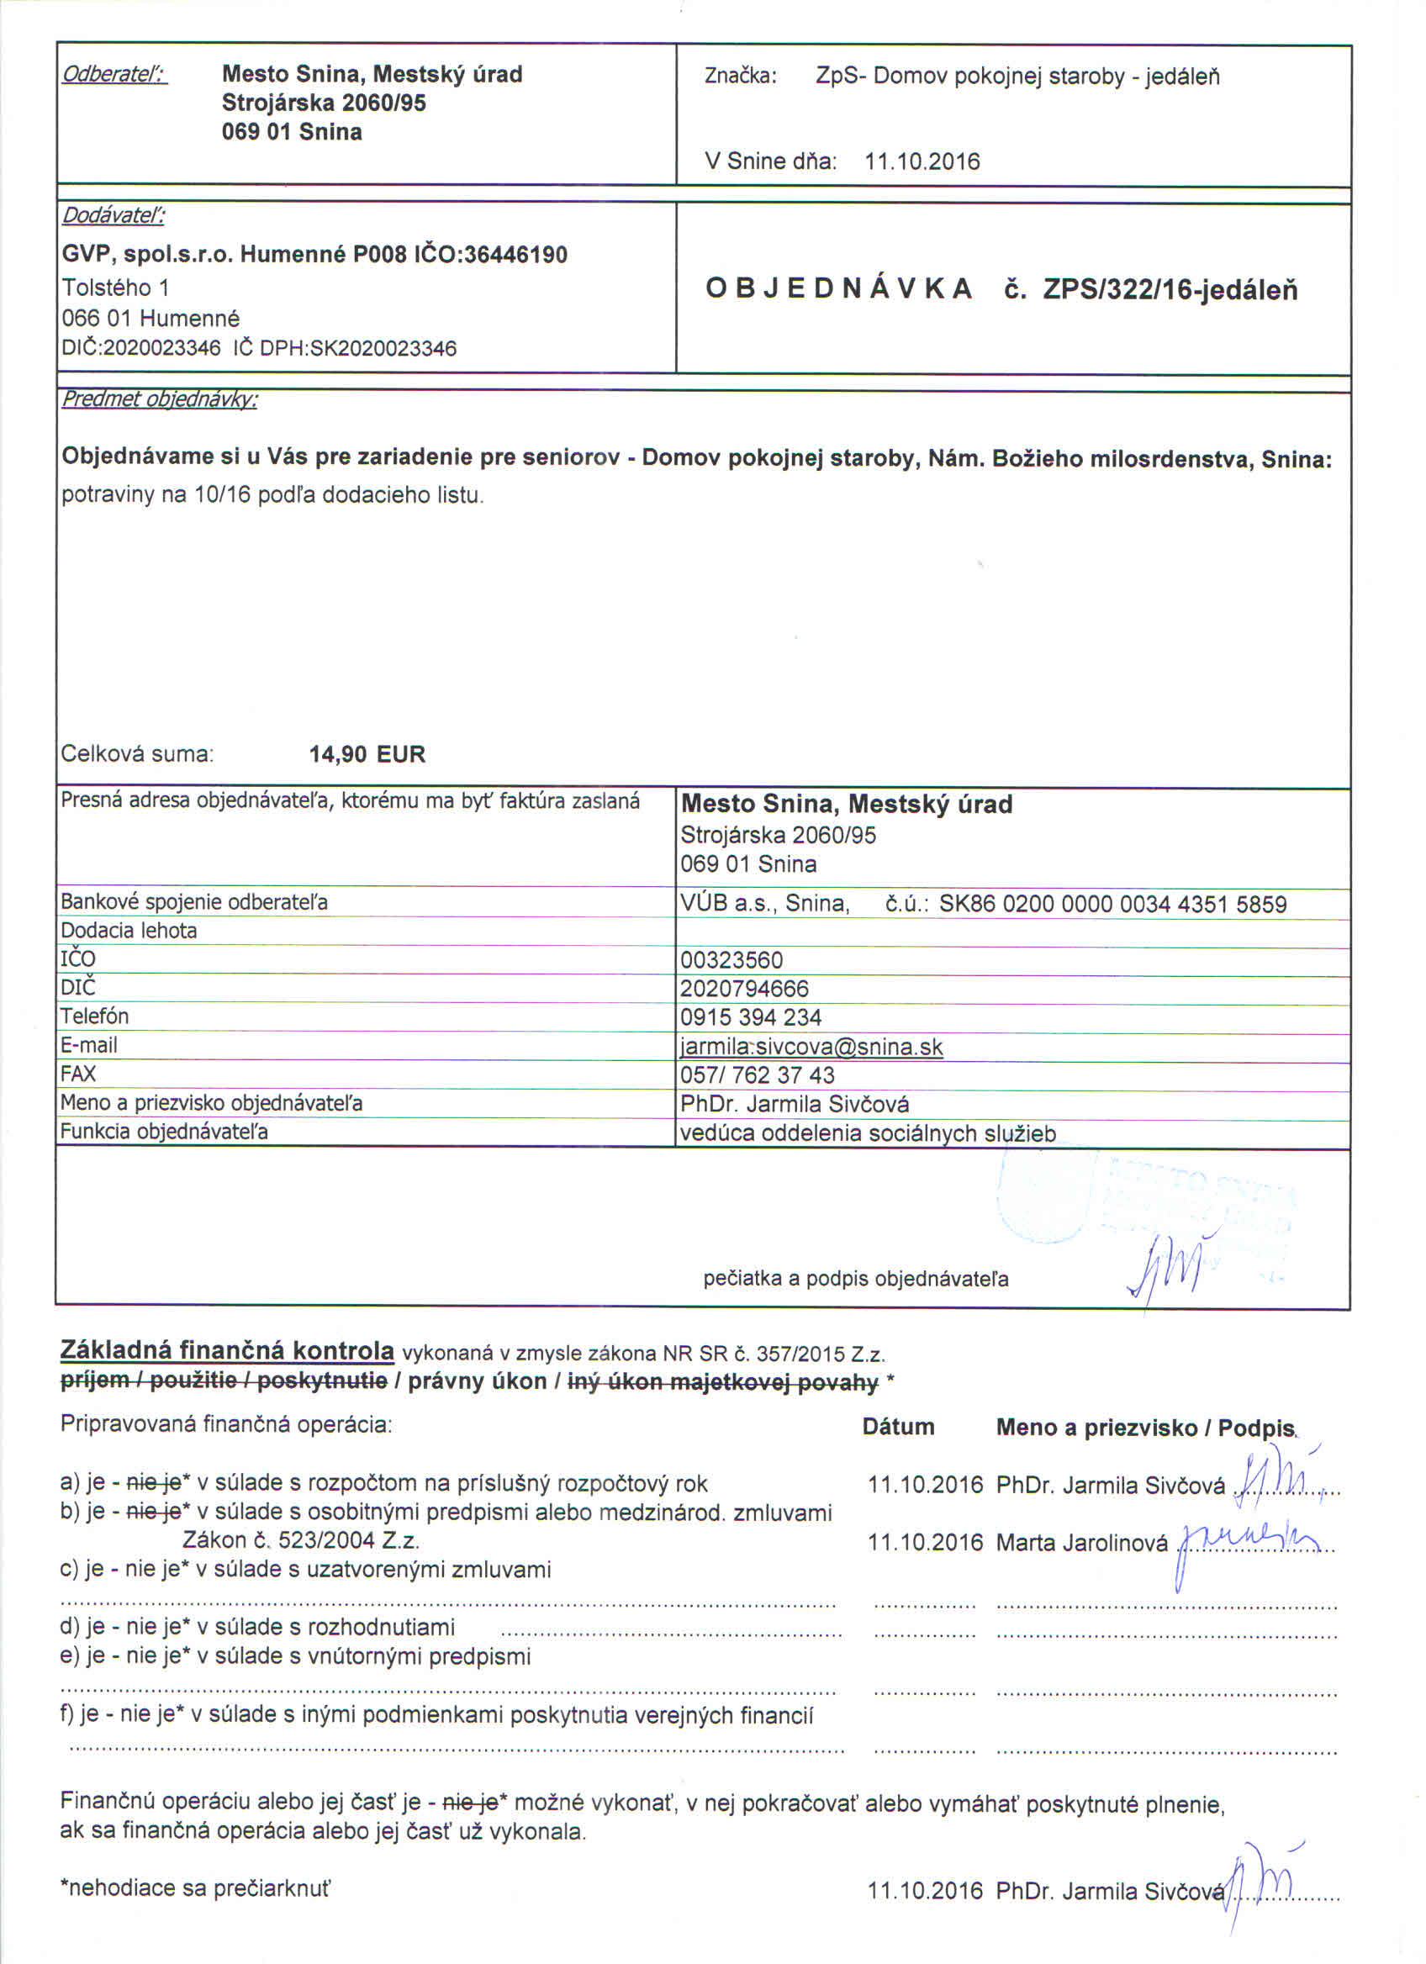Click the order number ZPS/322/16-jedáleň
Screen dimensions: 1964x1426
[1170, 289]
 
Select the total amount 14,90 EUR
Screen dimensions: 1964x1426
[367, 754]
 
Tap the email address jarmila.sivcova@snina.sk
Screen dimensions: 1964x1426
[811, 1047]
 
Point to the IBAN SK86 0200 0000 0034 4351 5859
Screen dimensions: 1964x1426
[1112, 904]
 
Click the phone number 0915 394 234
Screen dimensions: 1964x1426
[751, 1017]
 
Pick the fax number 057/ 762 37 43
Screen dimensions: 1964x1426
[758, 1075]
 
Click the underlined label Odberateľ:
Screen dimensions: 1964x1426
[114, 75]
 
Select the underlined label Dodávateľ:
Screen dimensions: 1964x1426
[114, 215]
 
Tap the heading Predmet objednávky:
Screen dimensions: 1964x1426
[159, 399]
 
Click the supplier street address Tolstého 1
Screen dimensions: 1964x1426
[115, 288]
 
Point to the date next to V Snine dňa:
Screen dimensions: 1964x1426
[922, 162]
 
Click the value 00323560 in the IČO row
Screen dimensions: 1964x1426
[731, 960]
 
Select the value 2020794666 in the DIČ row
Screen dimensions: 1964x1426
[745, 989]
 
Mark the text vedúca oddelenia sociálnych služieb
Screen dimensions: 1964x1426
[868, 1133]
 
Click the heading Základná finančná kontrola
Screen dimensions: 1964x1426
[227, 1350]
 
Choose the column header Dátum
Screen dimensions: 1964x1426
[898, 1427]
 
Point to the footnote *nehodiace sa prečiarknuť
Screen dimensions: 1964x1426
[195, 1888]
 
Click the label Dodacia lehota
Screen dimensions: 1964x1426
[129, 931]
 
